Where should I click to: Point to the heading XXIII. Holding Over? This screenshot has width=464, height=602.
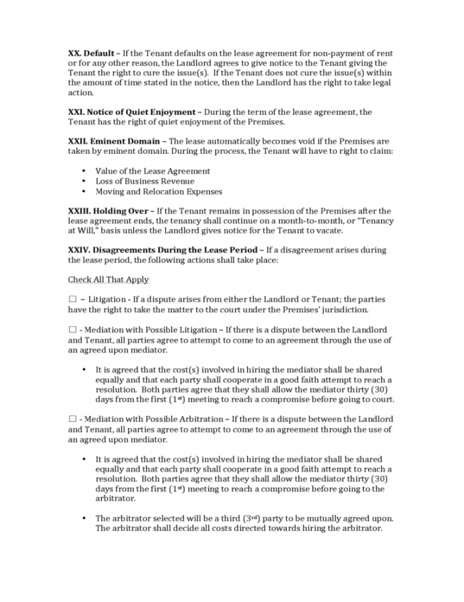click(x=108, y=211)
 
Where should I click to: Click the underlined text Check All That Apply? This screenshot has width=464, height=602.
click(x=108, y=279)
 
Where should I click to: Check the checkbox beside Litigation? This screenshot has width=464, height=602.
click(x=72, y=300)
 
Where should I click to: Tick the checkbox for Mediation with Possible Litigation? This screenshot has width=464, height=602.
click(x=72, y=329)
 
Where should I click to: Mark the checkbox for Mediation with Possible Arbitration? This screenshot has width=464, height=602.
click(x=72, y=420)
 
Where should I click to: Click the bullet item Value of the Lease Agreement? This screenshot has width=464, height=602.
click(x=152, y=171)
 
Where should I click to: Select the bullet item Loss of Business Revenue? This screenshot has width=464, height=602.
click(x=145, y=181)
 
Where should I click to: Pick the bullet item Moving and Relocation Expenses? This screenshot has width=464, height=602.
click(x=159, y=191)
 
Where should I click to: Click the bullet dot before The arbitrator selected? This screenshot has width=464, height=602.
click(x=84, y=518)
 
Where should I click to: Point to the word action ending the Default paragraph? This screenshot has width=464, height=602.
click(x=81, y=92)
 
